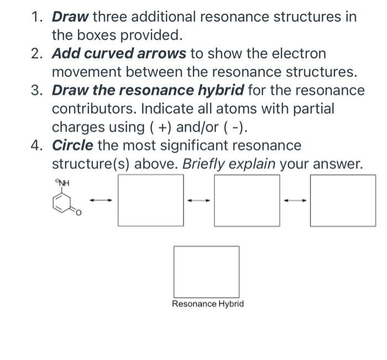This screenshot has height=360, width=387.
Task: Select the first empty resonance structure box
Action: tap(150, 200)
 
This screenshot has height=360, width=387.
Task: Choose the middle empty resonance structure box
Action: tap(247, 200)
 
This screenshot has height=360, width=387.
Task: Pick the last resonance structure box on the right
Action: tap(343, 200)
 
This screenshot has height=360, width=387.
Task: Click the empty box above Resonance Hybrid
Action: tap(207, 272)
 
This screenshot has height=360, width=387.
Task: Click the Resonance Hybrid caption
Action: tap(207, 304)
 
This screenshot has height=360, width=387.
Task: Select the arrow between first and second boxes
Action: tap(199, 200)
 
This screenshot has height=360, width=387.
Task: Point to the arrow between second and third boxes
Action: tap(295, 200)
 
